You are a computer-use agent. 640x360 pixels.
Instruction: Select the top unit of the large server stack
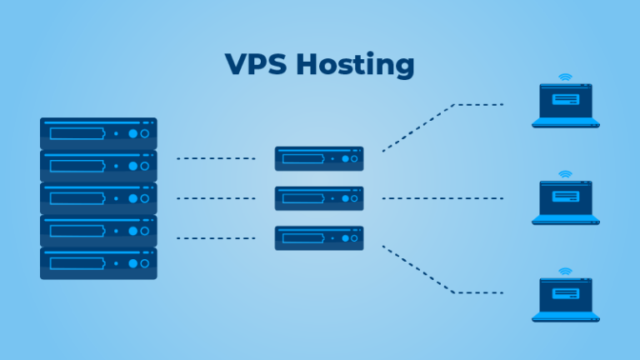98,133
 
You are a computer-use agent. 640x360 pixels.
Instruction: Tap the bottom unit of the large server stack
98,263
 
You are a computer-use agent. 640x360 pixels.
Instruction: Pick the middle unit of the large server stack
98,198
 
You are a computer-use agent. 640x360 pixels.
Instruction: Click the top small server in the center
319,158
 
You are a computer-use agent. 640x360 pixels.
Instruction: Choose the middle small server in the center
319,198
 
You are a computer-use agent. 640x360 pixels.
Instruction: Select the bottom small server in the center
319,238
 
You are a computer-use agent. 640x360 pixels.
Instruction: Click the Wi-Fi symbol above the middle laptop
566,175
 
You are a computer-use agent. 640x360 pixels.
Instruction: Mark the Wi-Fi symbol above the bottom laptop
566,272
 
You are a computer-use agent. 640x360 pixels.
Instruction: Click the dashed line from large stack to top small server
216,158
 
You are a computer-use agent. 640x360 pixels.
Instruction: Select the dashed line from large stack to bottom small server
216,238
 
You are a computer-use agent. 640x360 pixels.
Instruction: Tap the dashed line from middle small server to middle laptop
442,198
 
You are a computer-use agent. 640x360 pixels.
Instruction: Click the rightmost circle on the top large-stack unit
144,133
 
